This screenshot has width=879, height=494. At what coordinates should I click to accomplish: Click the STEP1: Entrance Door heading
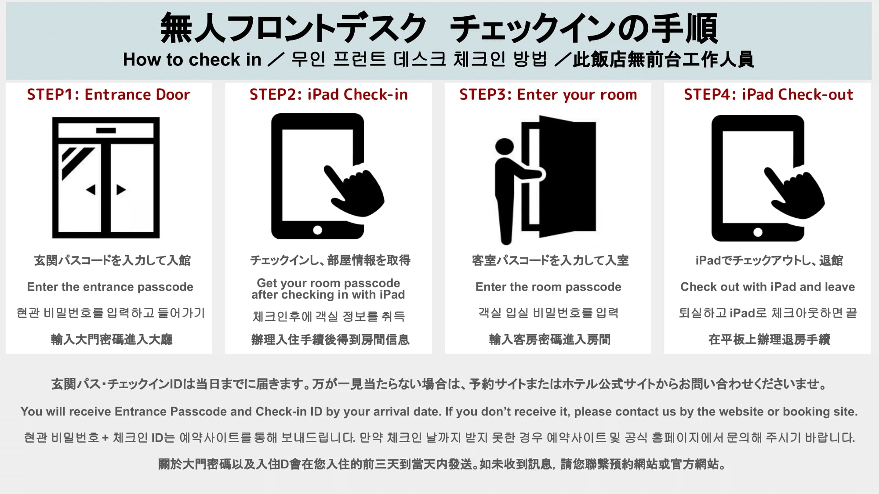109,94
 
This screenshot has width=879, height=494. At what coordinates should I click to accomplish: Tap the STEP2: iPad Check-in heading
328,94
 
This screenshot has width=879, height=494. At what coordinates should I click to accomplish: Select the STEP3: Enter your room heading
548,94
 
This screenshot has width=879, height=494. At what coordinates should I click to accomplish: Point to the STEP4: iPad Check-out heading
768,94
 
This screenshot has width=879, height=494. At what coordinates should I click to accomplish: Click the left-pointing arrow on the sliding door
91,190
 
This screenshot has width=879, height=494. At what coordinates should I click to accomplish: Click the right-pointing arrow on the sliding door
121,190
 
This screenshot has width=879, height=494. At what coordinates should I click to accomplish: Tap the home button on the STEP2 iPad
317,230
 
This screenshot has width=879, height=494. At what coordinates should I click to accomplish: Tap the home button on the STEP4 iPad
758,232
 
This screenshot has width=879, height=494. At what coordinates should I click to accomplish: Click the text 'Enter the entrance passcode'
110,287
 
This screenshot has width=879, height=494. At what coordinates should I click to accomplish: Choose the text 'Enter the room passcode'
548,287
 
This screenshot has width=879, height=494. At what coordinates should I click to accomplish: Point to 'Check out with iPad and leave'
767,287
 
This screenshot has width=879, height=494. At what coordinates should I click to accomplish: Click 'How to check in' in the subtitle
192,60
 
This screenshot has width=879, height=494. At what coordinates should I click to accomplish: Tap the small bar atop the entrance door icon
105,130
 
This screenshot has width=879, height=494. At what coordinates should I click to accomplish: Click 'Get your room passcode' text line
328,283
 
